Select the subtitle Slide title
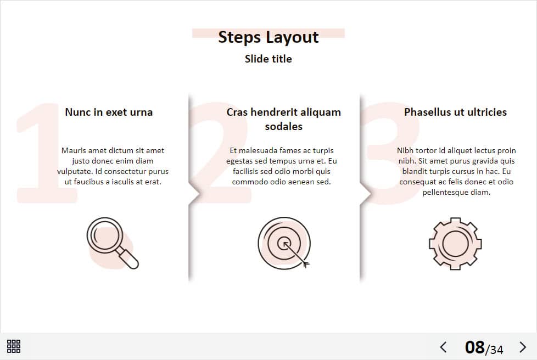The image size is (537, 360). pyautogui.click(x=268, y=59)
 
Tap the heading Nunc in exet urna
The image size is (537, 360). pyautogui.click(x=109, y=113)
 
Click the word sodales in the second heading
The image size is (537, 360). pyautogui.click(x=283, y=127)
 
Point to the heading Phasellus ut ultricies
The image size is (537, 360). pyautogui.click(x=456, y=113)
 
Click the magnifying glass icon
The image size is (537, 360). pyautogui.click(x=113, y=243)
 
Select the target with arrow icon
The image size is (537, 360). pyautogui.click(x=284, y=243)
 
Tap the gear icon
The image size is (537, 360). pyautogui.click(x=456, y=244)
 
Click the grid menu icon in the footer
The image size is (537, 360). pyautogui.click(x=14, y=346)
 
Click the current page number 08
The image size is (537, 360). pyautogui.click(x=474, y=347)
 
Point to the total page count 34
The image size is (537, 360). pyautogui.click(x=496, y=350)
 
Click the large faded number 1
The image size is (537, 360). pyautogui.click(x=46, y=152)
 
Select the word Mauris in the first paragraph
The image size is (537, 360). pyautogui.click(x=74, y=150)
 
